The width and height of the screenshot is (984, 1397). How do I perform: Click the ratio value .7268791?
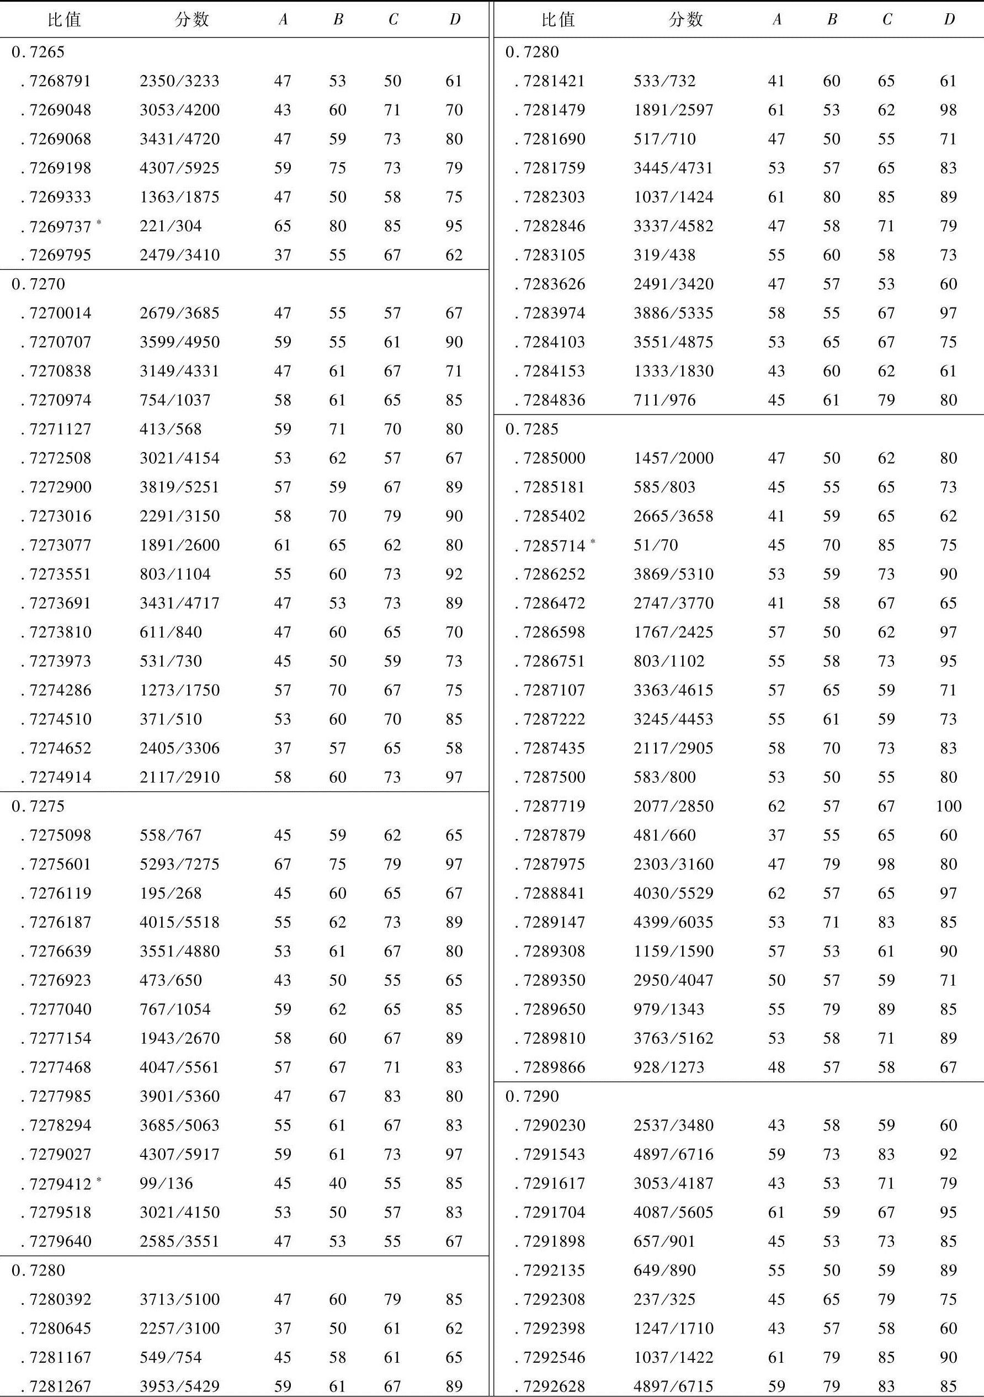[x=60, y=82]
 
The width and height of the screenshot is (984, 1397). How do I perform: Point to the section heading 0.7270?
[x=38, y=284]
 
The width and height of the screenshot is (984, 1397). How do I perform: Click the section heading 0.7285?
[x=531, y=429]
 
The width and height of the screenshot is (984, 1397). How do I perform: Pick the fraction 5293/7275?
[x=179, y=864]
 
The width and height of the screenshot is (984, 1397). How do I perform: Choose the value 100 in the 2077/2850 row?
[x=948, y=806]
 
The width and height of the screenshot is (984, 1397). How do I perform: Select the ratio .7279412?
[x=60, y=1183]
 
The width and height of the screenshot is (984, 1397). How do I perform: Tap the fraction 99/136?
[x=166, y=1183]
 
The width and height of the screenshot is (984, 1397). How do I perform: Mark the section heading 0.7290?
[x=531, y=1096]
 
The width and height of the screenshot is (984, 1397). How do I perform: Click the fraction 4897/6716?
[x=673, y=1154]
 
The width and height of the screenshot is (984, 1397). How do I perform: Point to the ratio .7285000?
[x=554, y=458]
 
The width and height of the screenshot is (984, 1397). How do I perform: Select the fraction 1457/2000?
[x=673, y=458]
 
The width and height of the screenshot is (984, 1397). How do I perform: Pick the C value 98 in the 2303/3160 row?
[x=886, y=864]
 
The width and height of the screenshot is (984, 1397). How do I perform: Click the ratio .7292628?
[x=554, y=1387]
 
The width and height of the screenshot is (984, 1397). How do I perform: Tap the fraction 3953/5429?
[x=179, y=1387]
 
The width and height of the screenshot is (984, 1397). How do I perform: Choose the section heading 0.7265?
[x=38, y=52]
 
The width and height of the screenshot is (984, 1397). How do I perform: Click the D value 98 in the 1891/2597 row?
[x=948, y=110]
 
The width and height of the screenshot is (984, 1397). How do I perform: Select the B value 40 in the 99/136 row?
[x=338, y=1183]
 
